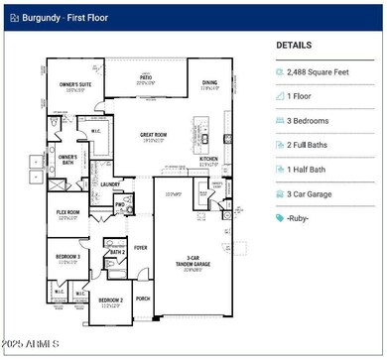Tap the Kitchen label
tap(209, 159)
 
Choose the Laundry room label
tap(110, 183)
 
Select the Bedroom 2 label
tap(110, 300)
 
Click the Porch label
tap(142, 298)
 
